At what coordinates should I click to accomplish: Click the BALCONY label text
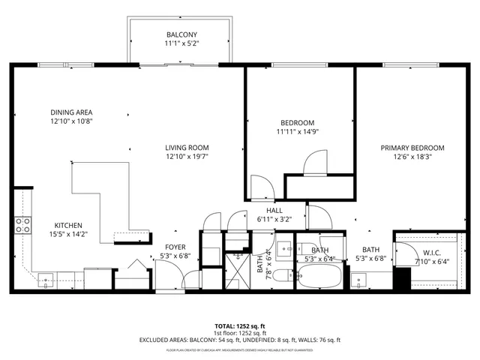tap(181, 34)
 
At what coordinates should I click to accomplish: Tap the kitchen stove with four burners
tap(22, 223)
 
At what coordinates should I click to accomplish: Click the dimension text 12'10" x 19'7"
tap(187, 157)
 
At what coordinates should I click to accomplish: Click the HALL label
tap(274, 210)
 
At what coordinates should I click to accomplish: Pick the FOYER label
tap(175, 246)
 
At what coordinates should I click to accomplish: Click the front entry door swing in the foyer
tap(169, 277)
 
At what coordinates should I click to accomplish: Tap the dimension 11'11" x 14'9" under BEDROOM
tap(297, 132)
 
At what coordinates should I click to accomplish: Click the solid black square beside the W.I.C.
tap(403, 274)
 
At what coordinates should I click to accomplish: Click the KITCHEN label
tap(67, 225)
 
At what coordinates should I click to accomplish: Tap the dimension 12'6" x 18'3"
tap(412, 157)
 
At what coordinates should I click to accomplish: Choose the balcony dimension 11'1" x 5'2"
tap(181, 43)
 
